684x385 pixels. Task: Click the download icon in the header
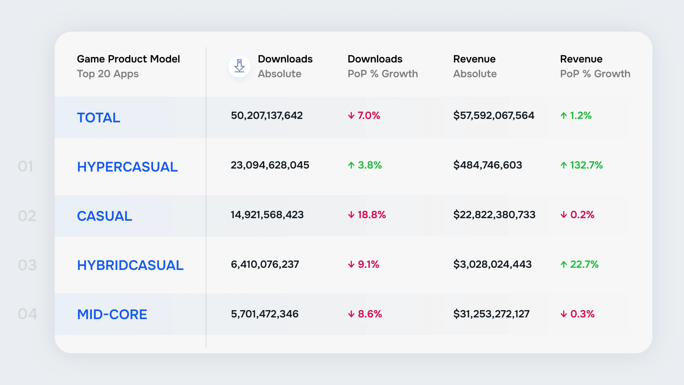[239, 66]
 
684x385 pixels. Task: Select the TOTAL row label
[98, 118]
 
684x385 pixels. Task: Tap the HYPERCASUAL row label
[127, 167]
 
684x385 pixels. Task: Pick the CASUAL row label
[104, 216]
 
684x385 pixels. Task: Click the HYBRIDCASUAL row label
[130, 265]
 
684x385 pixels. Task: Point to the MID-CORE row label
[112, 314]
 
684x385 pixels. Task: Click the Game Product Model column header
[128, 59]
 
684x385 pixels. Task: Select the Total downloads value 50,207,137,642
[267, 115]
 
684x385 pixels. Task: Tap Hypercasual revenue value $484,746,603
[488, 165]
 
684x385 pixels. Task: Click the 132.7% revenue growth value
[586, 165]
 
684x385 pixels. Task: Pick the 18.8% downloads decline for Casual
[371, 215]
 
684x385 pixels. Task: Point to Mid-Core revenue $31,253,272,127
[491, 314]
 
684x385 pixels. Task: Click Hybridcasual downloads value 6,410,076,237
[265, 264]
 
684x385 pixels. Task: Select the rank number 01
[25, 166]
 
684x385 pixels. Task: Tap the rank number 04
[27, 314]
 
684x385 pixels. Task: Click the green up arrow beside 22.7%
[564, 265]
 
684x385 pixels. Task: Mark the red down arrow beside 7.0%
[351, 115]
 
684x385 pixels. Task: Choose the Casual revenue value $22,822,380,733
[494, 215]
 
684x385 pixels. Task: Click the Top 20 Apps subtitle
[107, 74]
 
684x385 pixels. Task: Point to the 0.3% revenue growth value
[582, 314]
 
